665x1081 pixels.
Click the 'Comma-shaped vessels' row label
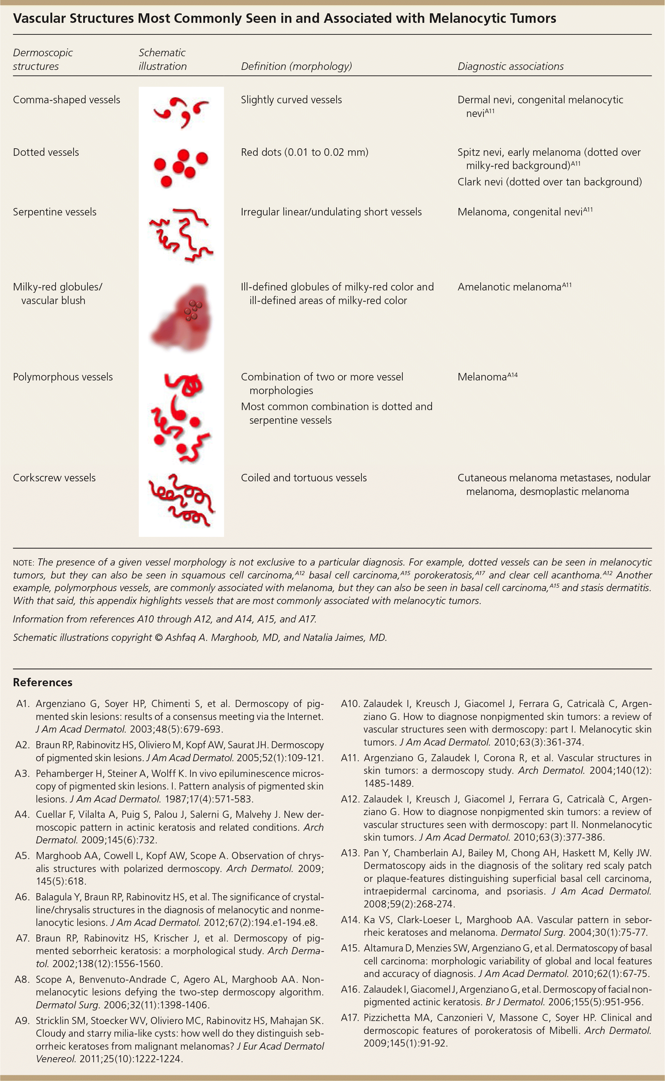66,100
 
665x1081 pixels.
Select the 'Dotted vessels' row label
46,152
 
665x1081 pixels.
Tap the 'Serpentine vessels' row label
55,212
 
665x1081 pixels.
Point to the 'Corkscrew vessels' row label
54,478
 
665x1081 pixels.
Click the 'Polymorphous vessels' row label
63,377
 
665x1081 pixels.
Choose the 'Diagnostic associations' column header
511,66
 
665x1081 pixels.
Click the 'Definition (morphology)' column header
296,66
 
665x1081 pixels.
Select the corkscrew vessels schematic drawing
182,501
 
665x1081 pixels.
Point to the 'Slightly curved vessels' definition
291,100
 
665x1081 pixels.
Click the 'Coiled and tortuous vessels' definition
304,478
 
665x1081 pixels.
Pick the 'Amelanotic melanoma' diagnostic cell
514,287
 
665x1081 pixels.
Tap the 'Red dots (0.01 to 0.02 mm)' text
304,152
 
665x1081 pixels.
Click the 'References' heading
43,682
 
